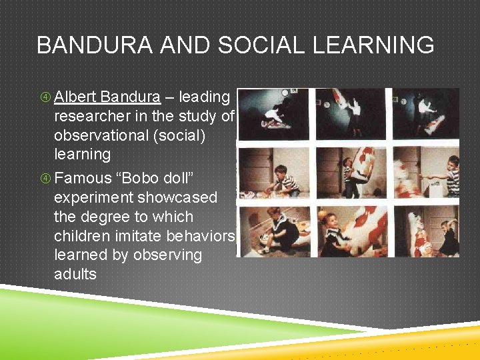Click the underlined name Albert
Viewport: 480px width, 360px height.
[76, 97]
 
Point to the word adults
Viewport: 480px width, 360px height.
[75, 274]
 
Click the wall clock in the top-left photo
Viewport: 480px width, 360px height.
[285, 93]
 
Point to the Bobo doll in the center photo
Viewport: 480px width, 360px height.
[364, 167]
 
